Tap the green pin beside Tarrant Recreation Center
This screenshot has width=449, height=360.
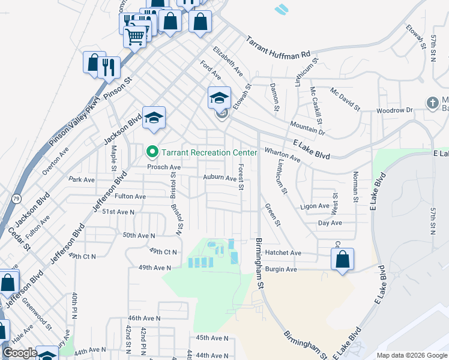[152, 152]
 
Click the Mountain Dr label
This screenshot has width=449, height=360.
[307, 127]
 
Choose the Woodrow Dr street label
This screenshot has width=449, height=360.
[394, 110]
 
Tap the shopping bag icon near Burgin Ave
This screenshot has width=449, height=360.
[342, 260]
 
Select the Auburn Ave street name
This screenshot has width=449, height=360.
[220, 178]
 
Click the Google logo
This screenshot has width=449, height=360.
[19, 353]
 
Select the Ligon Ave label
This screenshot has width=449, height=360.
[315, 206]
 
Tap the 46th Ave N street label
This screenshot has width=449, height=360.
[145, 318]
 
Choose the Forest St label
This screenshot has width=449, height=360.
[240, 178]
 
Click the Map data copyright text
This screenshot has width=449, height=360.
[411, 355]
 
